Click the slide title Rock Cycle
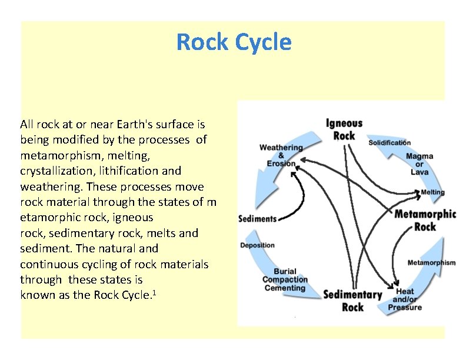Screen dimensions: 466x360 (234, 42)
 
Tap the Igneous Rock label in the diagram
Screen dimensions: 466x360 (344, 129)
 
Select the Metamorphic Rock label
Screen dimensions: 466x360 (425, 220)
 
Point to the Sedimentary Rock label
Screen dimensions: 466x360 (352, 301)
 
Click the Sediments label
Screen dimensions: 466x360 (257, 219)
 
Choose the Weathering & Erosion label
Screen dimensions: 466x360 (281, 155)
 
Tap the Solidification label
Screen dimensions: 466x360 (390, 142)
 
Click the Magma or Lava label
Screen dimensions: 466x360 (419, 164)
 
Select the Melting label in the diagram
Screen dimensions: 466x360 (432, 192)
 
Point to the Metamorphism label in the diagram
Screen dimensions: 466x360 (431, 262)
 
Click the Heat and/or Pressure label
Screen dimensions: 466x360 (405, 299)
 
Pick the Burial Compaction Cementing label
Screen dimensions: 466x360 (284, 280)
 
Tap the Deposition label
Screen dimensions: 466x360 (257, 245)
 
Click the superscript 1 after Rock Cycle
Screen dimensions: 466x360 (154, 291)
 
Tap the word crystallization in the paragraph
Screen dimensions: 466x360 (52, 171)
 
